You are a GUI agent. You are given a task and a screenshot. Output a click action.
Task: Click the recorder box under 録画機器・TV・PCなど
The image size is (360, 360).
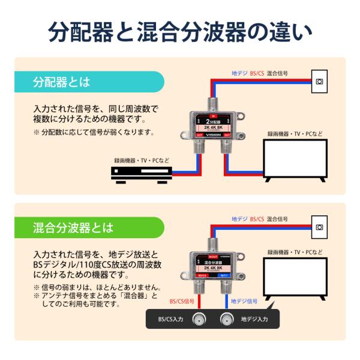tap(141, 173)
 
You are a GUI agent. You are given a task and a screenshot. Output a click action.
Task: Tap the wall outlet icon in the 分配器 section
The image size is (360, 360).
tap(319, 81)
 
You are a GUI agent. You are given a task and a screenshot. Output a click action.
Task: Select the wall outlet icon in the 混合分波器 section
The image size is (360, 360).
tap(319, 226)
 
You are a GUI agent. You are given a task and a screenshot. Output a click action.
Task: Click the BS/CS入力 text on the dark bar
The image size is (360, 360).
tap(170, 319)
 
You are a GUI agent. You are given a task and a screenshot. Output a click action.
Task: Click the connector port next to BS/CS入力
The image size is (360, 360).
tap(199, 319)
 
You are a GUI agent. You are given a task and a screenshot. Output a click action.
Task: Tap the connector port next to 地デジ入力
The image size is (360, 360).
tap(226, 319)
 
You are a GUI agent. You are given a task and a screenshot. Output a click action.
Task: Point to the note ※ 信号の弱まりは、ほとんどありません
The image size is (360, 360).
tap(96, 287)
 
